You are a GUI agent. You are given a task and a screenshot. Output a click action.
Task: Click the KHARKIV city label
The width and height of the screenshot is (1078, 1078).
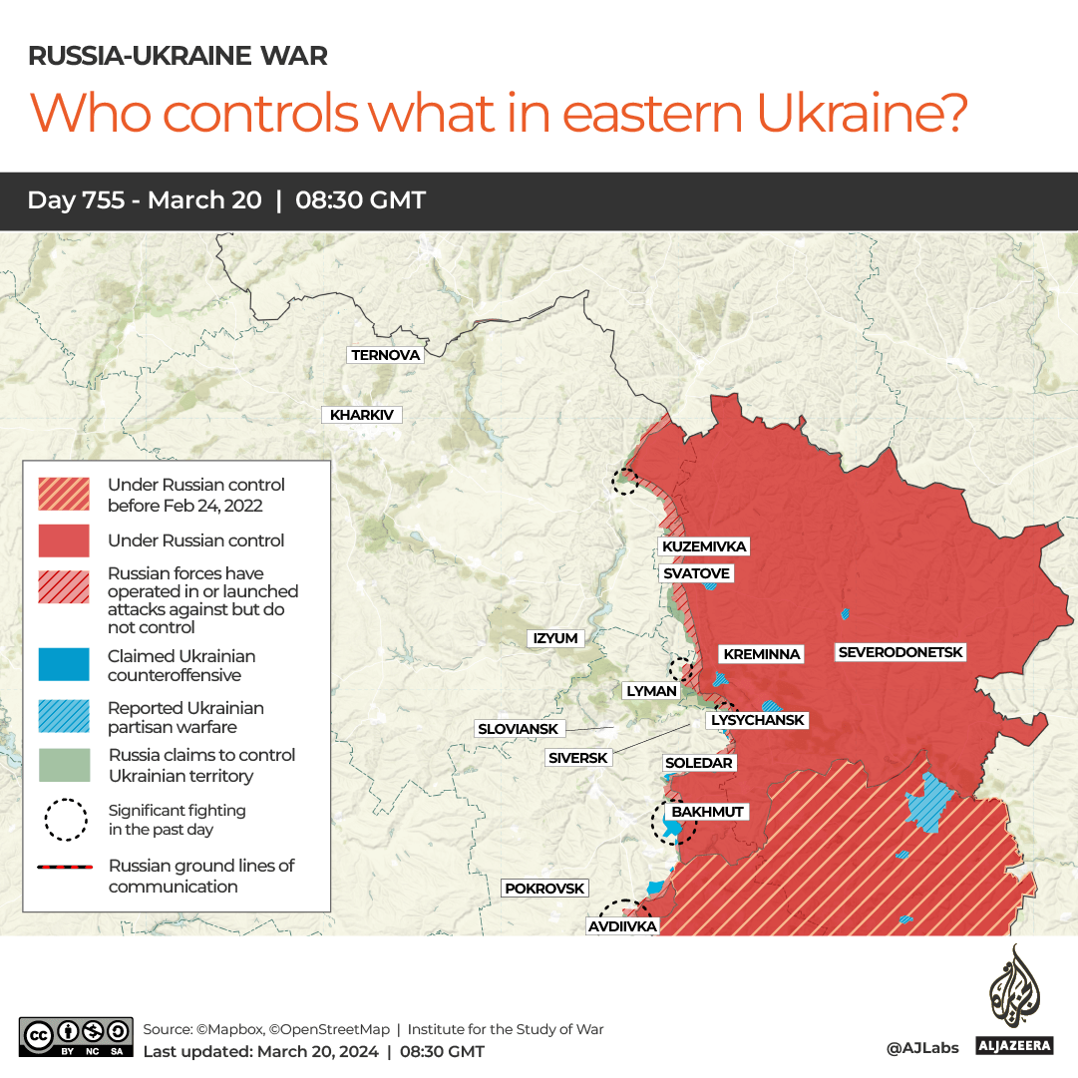(362, 415)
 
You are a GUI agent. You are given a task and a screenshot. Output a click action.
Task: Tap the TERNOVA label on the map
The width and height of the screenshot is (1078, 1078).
(386, 355)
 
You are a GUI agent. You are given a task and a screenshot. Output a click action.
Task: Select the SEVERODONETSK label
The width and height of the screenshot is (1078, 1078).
(900, 652)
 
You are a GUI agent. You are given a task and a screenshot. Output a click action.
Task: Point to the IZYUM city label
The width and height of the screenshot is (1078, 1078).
(555, 638)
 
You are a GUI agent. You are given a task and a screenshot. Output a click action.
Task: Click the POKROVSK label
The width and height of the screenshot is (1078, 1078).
(544, 889)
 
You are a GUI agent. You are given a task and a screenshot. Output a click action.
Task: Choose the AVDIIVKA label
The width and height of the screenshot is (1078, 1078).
(622, 926)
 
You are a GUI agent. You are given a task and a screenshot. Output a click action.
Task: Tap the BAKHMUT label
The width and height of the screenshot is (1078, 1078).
(707, 812)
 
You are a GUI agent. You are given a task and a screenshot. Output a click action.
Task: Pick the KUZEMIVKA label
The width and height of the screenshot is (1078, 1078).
(703, 546)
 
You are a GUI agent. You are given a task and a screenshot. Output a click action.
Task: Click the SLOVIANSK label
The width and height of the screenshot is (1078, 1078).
(519, 729)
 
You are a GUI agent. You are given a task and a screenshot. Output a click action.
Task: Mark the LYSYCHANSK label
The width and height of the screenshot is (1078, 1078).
(757, 720)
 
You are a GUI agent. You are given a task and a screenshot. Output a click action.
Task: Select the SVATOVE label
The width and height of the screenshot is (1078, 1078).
(696, 573)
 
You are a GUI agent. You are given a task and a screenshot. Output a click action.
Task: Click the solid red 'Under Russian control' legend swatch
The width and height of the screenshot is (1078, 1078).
(64, 540)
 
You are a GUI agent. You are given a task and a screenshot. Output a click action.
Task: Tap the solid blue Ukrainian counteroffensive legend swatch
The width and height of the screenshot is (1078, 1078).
(64, 665)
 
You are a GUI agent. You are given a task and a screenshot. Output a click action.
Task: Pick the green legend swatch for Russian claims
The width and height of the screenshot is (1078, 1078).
(64, 765)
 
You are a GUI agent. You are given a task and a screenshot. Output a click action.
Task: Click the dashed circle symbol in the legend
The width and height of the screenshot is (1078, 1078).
(64, 819)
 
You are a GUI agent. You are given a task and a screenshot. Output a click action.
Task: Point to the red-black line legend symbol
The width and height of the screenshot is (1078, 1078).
(64, 867)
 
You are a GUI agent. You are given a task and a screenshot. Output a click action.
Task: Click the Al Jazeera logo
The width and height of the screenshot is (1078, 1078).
(1014, 1001)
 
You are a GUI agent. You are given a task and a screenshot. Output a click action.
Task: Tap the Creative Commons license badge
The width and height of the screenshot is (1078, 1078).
(76, 1036)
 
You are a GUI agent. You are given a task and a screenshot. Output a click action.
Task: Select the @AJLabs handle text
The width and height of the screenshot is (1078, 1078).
(921, 1047)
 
